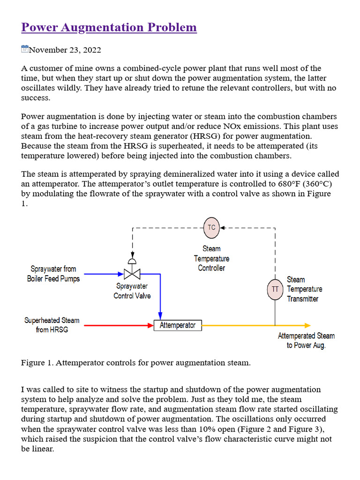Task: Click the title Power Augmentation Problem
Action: point(109,28)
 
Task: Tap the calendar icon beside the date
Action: point(25,49)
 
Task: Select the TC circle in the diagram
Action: point(211,227)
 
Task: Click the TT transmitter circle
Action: point(275,289)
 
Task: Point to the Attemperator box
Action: point(178,325)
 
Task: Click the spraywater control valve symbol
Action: point(132,273)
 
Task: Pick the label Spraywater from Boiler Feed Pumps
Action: point(53,274)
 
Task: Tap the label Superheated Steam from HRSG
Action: point(52,325)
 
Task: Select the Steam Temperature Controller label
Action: point(211,258)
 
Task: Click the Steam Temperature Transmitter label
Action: point(304,289)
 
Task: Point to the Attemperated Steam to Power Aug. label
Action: point(306,340)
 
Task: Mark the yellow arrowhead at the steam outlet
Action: point(307,325)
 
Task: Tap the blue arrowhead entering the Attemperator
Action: point(160,316)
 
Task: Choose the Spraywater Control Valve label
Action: point(132,291)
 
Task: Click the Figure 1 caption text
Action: point(135,363)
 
